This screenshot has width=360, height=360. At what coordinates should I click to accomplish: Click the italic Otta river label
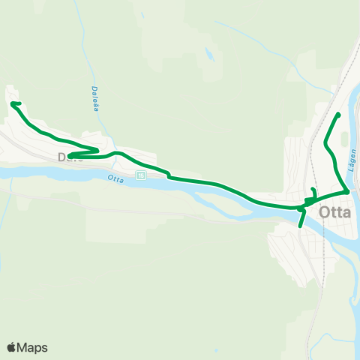click(x=115, y=178)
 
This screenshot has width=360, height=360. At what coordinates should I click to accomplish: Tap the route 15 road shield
click(x=140, y=175)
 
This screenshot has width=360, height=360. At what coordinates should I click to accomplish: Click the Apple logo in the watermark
click(x=11, y=347)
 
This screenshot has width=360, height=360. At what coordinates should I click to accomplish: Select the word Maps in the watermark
click(x=32, y=347)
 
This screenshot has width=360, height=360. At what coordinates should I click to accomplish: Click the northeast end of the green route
click(x=339, y=114)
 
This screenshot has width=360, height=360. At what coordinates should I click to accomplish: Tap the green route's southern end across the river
click(x=300, y=226)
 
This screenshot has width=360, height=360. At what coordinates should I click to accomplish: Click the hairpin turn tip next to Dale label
click(x=70, y=156)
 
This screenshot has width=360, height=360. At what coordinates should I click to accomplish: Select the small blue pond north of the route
click(x=208, y=54)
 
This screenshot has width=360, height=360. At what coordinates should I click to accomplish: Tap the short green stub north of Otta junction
click(x=313, y=190)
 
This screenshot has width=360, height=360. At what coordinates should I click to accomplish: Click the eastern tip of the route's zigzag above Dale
click(x=97, y=149)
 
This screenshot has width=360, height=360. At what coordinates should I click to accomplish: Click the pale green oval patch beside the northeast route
click(x=344, y=140)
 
